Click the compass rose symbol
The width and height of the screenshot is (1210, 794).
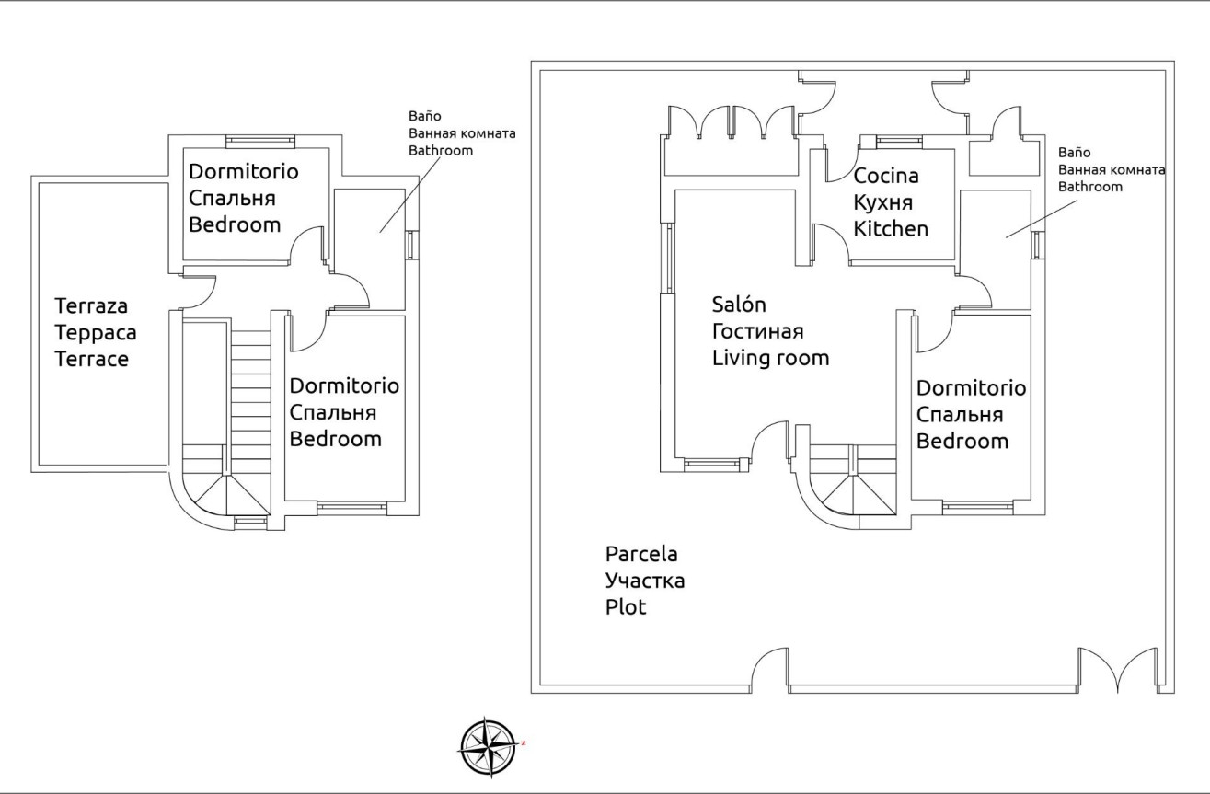pyautogui.click(x=488, y=747)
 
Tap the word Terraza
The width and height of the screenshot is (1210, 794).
pyautogui.click(x=90, y=305)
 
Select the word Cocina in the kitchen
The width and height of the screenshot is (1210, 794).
pyautogui.click(x=886, y=176)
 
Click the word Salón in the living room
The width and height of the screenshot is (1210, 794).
pyautogui.click(x=739, y=305)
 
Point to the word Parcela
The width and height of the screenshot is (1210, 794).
pyautogui.click(x=641, y=555)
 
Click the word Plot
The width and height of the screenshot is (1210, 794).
pyautogui.click(x=626, y=608)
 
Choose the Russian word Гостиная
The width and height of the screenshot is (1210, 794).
pyautogui.click(x=758, y=331)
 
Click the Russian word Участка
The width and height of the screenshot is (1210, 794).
pyautogui.click(x=644, y=581)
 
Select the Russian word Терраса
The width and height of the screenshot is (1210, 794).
pyautogui.click(x=91, y=332)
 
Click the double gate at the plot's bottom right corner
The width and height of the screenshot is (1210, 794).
pyautogui.click(x=1118, y=670)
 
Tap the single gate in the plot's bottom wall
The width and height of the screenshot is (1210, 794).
pyautogui.click(x=769, y=670)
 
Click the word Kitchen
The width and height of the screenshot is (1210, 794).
pyautogui.click(x=891, y=229)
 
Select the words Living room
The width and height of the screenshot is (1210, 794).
pyautogui.click(x=770, y=358)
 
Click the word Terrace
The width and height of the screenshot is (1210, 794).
pyautogui.click(x=91, y=359)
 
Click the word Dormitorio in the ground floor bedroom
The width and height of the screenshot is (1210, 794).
pyautogui.click(x=971, y=387)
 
